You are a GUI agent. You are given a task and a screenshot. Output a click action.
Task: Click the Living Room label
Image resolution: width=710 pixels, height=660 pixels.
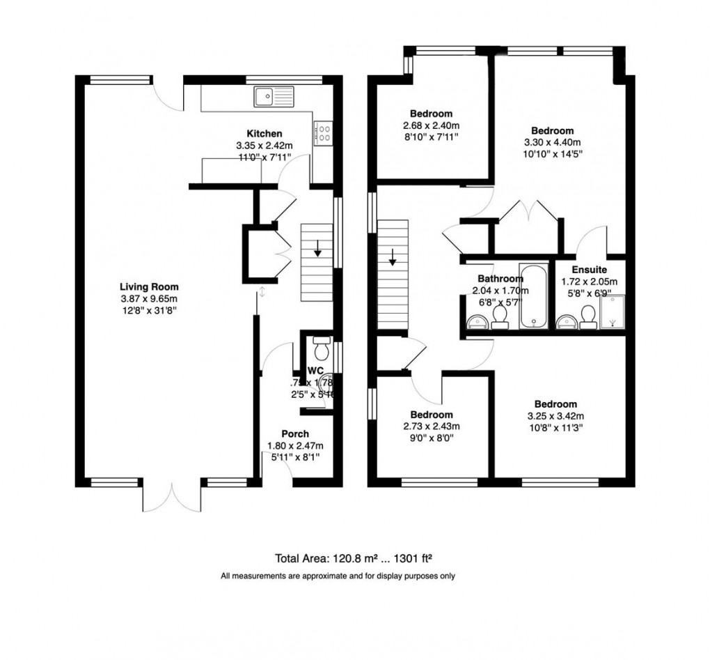149,286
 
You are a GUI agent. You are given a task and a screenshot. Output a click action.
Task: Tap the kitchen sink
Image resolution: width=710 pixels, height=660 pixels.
275,97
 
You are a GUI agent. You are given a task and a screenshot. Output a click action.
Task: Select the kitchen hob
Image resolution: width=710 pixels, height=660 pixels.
324,132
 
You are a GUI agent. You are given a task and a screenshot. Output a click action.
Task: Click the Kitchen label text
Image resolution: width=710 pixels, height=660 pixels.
265,134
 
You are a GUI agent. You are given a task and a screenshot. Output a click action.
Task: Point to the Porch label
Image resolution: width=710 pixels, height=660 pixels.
295,434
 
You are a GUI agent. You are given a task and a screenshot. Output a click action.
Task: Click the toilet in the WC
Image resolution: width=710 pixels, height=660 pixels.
321,346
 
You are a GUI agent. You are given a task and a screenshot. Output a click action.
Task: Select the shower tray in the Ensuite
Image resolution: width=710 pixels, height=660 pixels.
611,311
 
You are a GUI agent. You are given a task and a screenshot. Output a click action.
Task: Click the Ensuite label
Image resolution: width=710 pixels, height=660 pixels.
589,270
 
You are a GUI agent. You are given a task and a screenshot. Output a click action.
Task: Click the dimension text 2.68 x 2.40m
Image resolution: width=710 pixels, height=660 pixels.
431,125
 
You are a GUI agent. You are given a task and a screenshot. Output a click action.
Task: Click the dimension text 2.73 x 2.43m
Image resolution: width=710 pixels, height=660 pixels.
431,427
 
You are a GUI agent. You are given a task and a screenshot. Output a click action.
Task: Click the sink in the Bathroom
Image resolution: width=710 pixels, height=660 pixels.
477,321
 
